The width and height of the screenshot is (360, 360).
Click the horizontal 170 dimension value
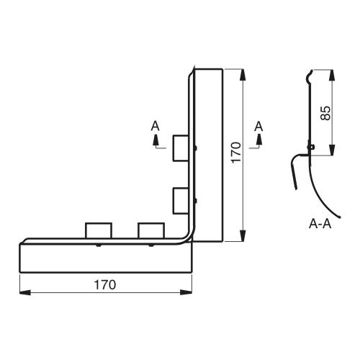click(105, 284)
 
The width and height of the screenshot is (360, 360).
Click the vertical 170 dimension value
click(236, 153)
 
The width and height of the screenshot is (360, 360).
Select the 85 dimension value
click(325, 113)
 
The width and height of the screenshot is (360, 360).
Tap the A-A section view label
click(320, 224)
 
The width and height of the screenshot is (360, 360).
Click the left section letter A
click(156, 126)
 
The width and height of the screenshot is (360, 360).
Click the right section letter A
click(258, 127)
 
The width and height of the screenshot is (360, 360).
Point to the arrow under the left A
click(156, 140)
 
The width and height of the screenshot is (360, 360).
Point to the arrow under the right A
click(259, 140)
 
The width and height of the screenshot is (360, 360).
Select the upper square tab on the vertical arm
click(181, 148)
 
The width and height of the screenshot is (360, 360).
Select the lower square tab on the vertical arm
click(181, 201)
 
